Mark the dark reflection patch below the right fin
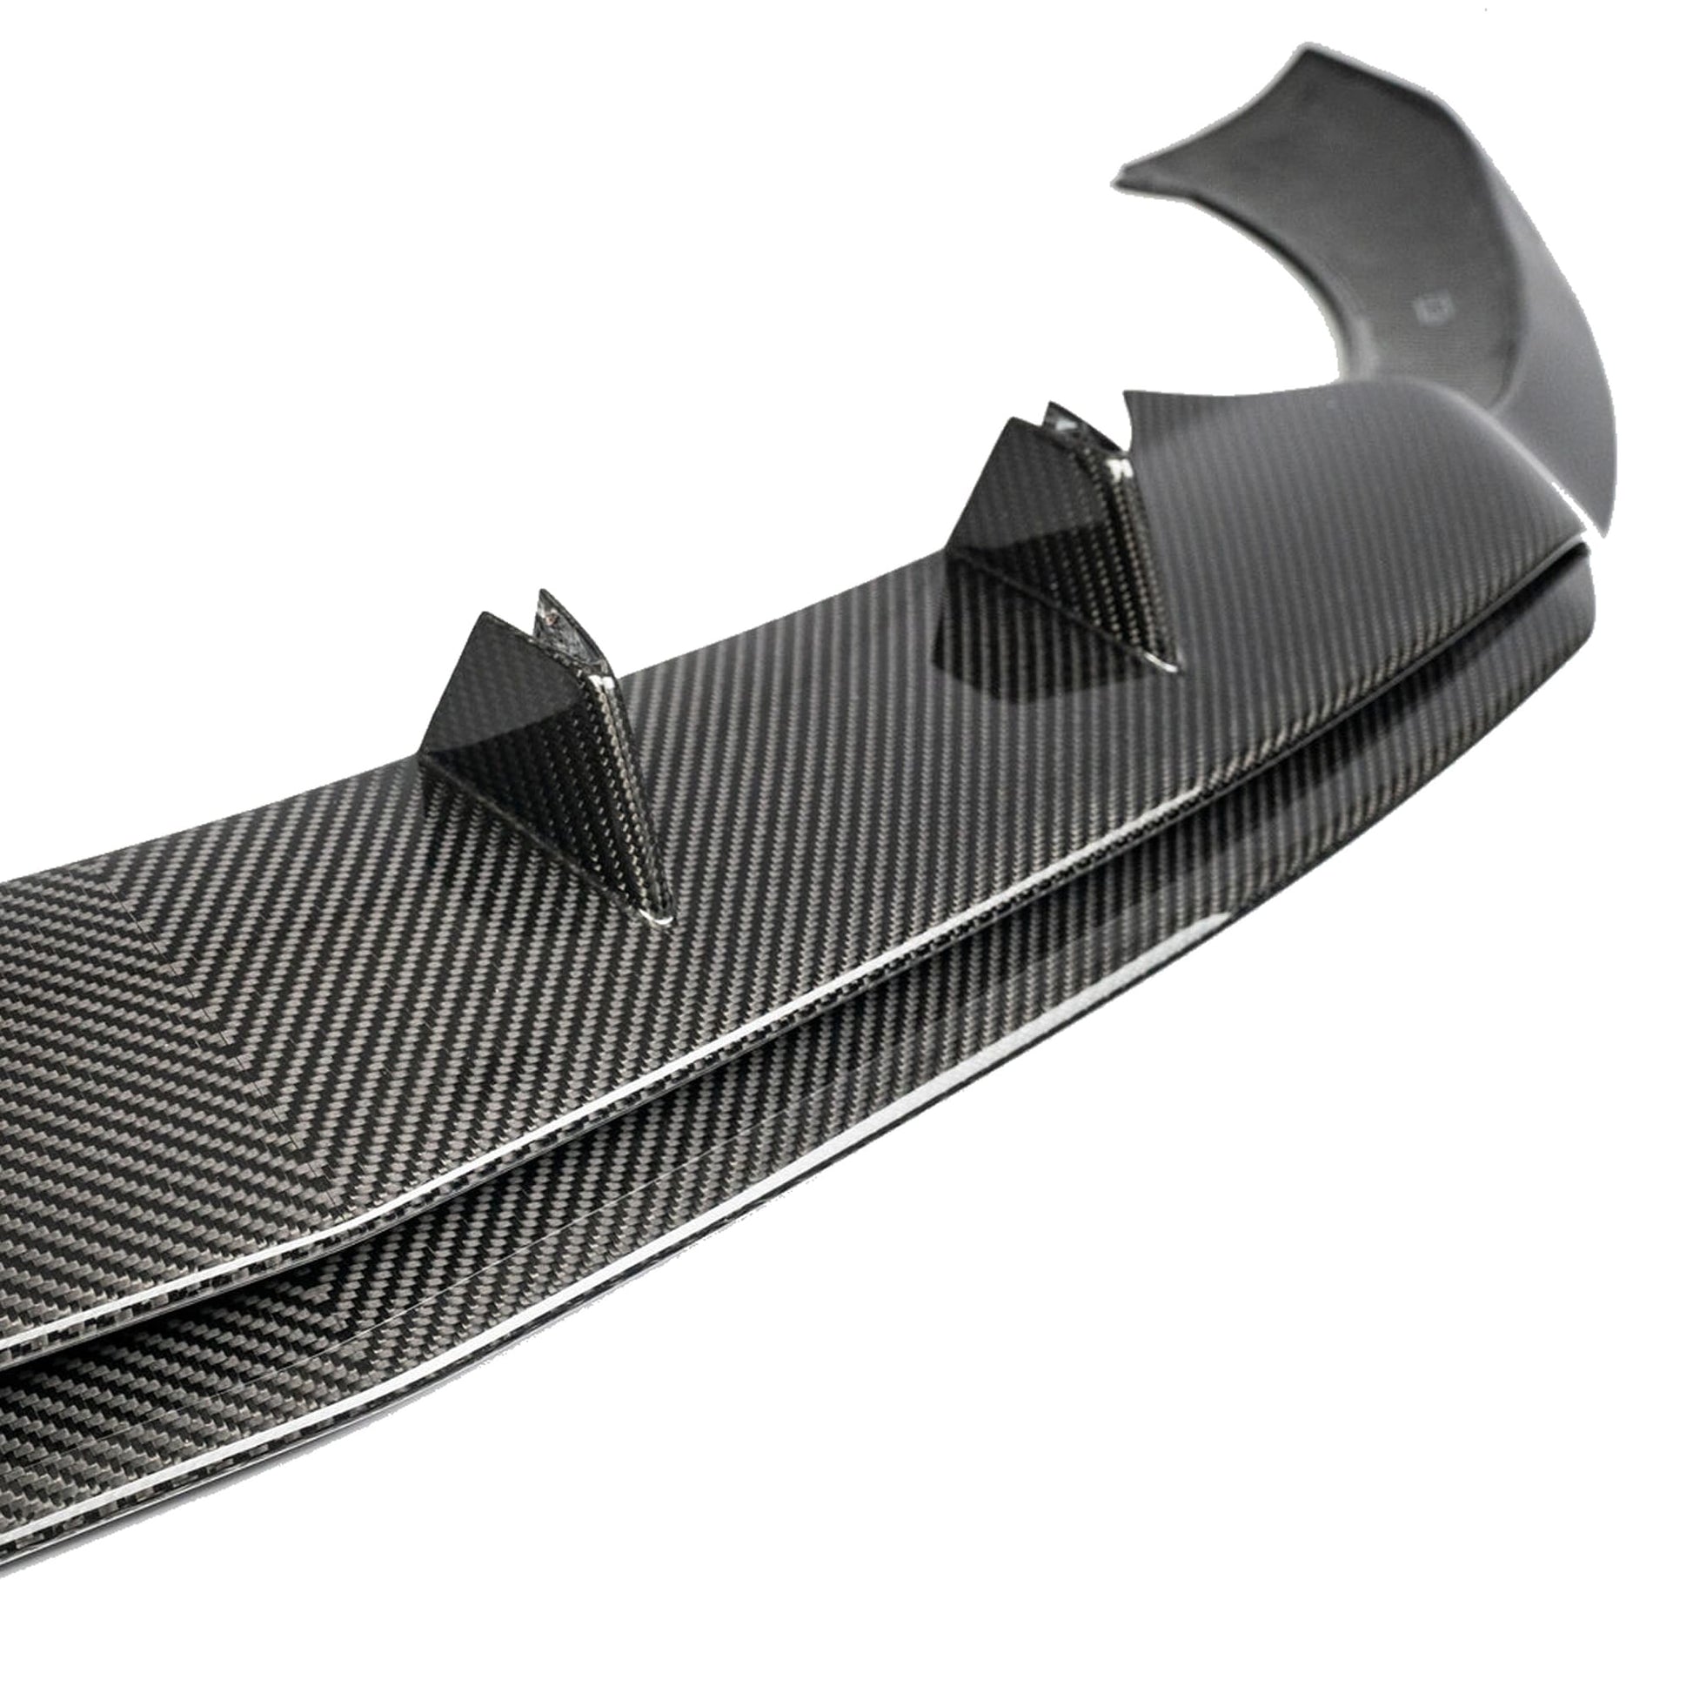point(1007,639)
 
